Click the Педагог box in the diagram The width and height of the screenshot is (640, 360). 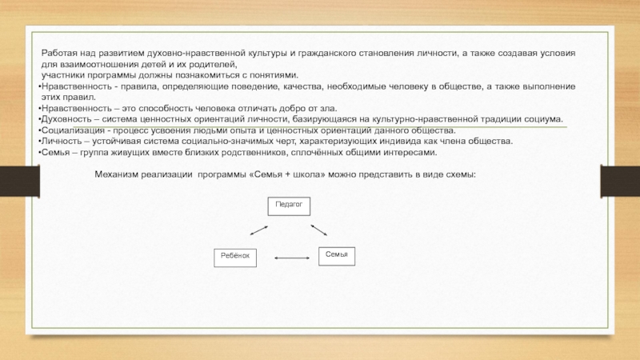tap(288, 206)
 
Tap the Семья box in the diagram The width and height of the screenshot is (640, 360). tap(337, 255)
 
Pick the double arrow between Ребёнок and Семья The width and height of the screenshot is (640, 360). tap(291, 258)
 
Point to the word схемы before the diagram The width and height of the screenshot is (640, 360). tap(459, 174)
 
